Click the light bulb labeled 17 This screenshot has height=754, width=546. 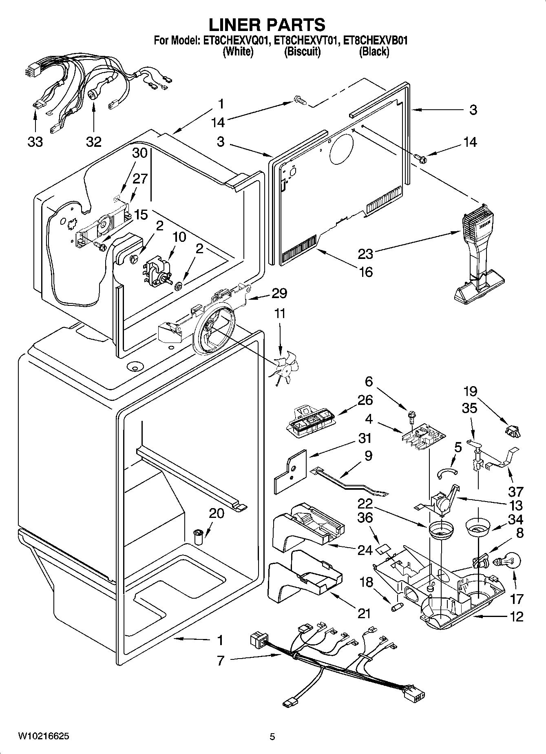click(x=506, y=562)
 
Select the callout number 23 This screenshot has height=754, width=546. click(x=365, y=254)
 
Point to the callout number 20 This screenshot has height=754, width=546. click(x=217, y=513)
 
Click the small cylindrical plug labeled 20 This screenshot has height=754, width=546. click(x=198, y=537)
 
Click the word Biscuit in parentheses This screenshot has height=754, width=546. click(x=302, y=51)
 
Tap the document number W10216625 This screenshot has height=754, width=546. click(x=43, y=736)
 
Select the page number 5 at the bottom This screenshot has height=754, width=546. click(x=272, y=736)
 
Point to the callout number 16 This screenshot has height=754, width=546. click(x=366, y=272)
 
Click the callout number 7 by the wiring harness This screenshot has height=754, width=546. click(x=221, y=660)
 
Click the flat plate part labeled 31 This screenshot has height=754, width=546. click(x=290, y=471)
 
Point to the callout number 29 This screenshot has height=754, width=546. click(x=279, y=293)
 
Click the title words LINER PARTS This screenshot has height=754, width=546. click(x=267, y=24)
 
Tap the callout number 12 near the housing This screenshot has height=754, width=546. click(x=516, y=616)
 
